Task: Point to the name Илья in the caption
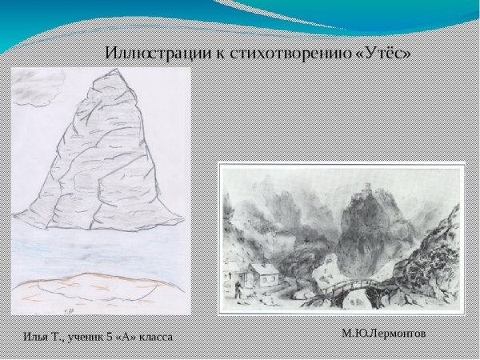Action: (x=27, y=337)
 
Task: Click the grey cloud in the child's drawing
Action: (x=38, y=86)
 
